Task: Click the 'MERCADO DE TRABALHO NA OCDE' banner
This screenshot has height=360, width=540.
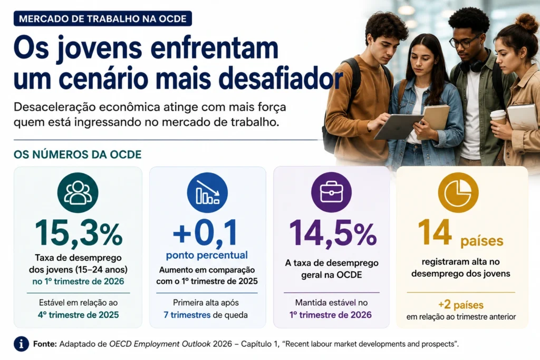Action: tap(103, 18)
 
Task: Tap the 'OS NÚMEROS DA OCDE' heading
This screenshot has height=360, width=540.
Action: tap(78, 154)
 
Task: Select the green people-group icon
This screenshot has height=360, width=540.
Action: tap(78, 192)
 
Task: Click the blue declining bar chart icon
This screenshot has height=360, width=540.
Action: tap(207, 192)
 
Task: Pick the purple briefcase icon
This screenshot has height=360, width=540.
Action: tap(331, 192)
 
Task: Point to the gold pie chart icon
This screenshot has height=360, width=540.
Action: tap(458, 192)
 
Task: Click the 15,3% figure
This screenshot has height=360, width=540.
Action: tap(79, 233)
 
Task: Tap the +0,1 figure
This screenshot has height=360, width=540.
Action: tap(206, 232)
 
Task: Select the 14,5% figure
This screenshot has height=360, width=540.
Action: tap(333, 233)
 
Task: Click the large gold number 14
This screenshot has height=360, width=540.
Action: tap(435, 232)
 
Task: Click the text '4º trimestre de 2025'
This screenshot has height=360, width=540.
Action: tap(78, 315)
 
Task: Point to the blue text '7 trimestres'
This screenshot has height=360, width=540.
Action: tap(187, 315)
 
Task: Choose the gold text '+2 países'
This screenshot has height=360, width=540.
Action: tap(461, 305)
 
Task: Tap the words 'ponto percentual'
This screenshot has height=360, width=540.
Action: tap(207, 255)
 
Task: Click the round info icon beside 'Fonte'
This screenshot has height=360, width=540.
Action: tap(21, 344)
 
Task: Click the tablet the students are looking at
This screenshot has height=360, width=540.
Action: tap(399, 127)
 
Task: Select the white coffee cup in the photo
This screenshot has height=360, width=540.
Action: tap(498, 117)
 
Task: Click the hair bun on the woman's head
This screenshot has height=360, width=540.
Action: tap(526, 22)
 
